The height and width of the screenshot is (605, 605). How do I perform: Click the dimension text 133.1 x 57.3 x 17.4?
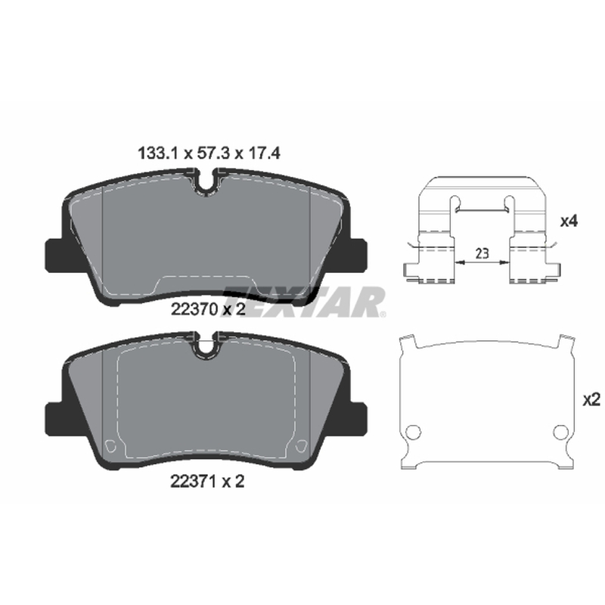coord(209,154)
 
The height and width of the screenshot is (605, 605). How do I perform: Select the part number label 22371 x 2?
coord(207,481)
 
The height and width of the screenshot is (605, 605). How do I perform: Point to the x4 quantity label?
coord(569,222)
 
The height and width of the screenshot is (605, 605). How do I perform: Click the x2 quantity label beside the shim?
coord(591,401)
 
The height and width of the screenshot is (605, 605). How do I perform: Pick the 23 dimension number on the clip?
coord(482,253)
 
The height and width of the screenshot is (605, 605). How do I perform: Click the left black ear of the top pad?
coord(54,256)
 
